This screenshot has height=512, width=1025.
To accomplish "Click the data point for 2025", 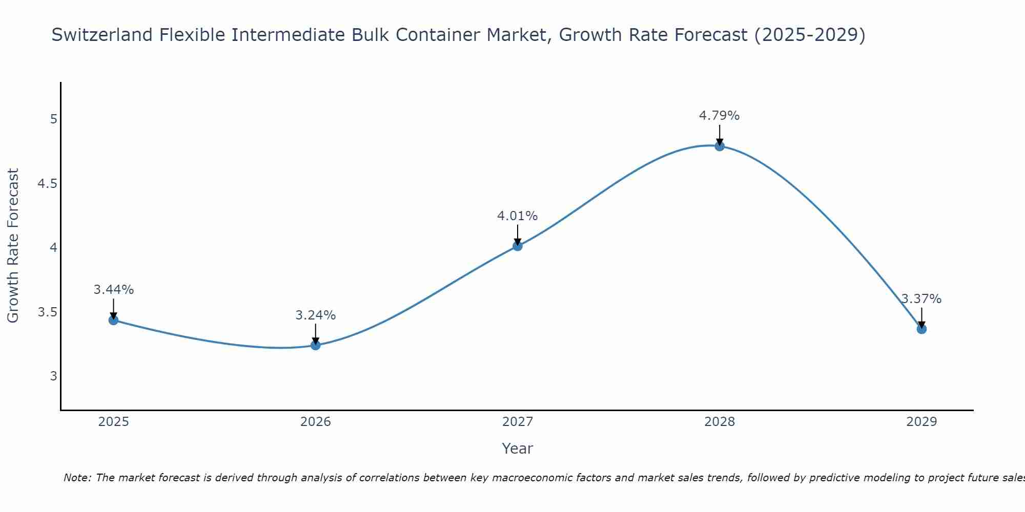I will (113, 320).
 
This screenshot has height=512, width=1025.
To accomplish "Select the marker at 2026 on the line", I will (316, 345).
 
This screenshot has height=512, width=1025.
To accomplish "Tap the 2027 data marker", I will (518, 246).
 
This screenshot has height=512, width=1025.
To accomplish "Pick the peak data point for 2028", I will (720, 146).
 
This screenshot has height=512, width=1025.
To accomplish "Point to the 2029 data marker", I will (921, 329).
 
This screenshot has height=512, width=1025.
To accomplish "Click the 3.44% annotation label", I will (113, 290).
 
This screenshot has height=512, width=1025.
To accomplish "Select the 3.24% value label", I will (316, 315).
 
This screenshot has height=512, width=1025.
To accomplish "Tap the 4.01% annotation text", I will (518, 216).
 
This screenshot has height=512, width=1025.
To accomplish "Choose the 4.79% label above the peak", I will (720, 116).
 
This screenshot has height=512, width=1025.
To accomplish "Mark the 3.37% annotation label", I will (921, 299).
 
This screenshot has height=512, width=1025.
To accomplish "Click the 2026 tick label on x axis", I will (316, 422).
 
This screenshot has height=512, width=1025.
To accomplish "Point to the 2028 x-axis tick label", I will (720, 422).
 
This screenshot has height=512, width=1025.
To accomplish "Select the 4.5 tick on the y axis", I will (47, 184).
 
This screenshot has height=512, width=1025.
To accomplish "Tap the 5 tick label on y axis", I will (53, 119).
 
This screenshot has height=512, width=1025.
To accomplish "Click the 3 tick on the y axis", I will (53, 376).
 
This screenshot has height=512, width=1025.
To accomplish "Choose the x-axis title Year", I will (518, 449).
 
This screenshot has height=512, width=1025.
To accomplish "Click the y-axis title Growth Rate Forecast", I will (13, 246).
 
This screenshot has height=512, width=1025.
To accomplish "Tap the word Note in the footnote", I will (77, 478).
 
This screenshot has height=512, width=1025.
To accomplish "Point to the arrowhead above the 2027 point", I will (518, 242).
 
